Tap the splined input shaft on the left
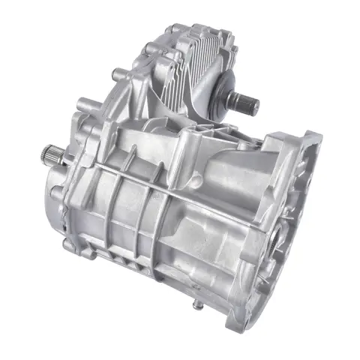click(x=49, y=156)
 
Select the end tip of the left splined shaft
click(x=41, y=154)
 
